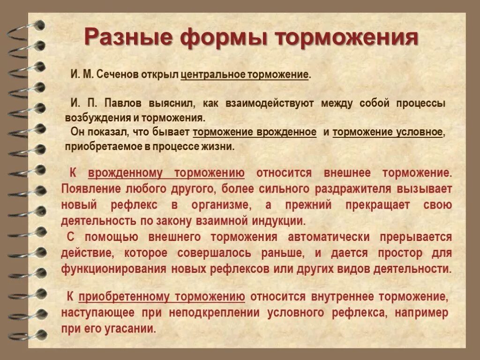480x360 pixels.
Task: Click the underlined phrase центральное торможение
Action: (x=245, y=75)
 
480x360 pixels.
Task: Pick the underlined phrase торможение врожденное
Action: (x=255, y=132)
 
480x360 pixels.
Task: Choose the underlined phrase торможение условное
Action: (x=388, y=132)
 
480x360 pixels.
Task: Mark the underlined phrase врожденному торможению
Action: (x=166, y=173)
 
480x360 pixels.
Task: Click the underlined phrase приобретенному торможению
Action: (x=162, y=297)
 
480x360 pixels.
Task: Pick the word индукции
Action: (x=280, y=220)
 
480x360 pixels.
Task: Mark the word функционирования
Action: (x=113, y=270)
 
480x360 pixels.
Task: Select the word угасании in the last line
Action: (x=132, y=329)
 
